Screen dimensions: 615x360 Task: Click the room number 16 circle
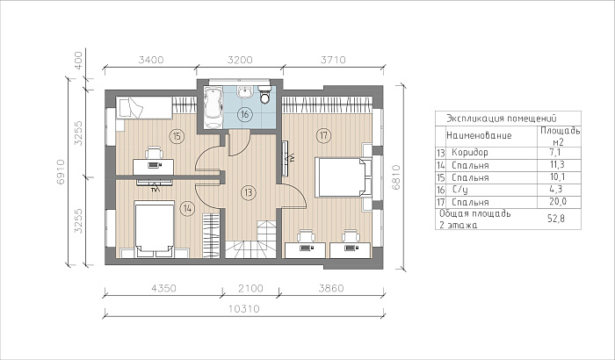pyautogui.click(x=245, y=115)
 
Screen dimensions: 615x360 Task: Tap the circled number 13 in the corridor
pyautogui.click(x=249, y=192)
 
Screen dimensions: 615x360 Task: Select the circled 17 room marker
pyautogui.click(x=323, y=136)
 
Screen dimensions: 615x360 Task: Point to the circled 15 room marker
pyautogui.click(x=177, y=136)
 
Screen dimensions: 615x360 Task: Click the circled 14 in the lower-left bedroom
pyautogui.click(x=187, y=208)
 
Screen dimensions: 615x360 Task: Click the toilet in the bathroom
pyautogui.click(x=265, y=95)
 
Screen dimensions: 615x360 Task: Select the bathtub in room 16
pyautogui.click(x=213, y=108)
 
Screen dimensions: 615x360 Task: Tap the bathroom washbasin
pyautogui.click(x=245, y=91)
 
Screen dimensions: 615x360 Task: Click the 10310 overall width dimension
pyautogui.click(x=244, y=308)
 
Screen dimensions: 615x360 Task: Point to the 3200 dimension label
pyautogui.click(x=240, y=60)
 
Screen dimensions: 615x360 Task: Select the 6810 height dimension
pyautogui.click(x=395, y=177)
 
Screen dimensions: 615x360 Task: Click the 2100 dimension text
pyautogui.click(x=250, y=288)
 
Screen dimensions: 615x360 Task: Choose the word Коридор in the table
pyautogui.click(x=470, y=152)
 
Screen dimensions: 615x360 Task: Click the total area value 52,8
pyautogui.click(x=556, y=219)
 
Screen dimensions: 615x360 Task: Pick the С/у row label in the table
pyautogui.click(x=459, y=190)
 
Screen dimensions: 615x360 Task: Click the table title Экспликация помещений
pyautogui.click(x=502, y=119)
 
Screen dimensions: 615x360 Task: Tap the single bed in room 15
pyautogui.click(x=144, y=108)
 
